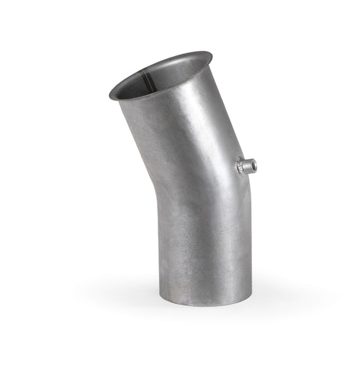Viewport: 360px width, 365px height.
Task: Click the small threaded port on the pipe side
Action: [246, 168]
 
